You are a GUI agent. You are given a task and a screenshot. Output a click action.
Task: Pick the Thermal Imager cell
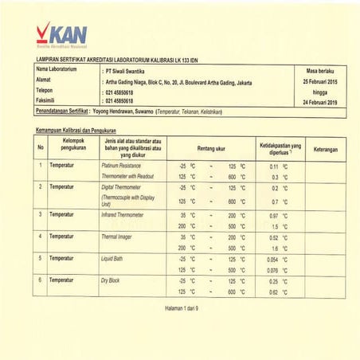coord(116,237)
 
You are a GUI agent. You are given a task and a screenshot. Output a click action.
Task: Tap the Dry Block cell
coord(109,281)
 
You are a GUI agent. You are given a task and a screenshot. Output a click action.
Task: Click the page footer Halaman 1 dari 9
coord(179,307)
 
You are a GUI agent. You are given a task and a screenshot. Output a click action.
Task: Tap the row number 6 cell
coord(40,281)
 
